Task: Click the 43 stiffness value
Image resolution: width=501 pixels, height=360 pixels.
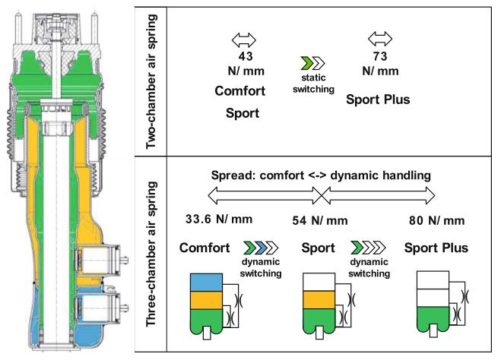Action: [x=246, y=57]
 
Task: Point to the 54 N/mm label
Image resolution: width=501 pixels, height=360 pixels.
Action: [x=320, y=221]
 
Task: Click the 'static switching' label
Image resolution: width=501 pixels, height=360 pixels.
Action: [x=312, y=84]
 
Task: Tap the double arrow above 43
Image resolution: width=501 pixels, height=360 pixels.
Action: [x=246, y=39]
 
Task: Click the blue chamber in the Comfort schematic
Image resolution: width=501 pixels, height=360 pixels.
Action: [x=205, y=281]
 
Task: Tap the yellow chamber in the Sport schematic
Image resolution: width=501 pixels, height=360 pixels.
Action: [x=319, y=298]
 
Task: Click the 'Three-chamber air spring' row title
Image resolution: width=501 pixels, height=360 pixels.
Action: [x=151, y=254]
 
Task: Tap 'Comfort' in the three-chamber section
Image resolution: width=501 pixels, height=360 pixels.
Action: [x=206, y=248]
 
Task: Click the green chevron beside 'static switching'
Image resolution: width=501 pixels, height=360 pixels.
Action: [x=305, y=64]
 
